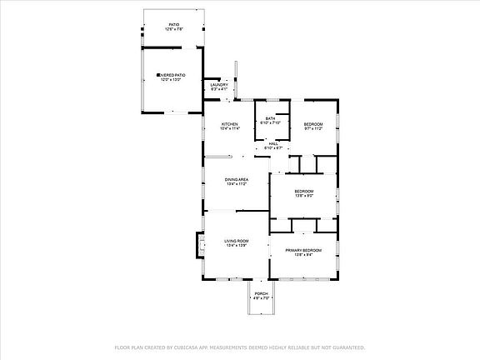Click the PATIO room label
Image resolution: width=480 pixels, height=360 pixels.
[174, 25]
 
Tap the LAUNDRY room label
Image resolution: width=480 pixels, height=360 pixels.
[219, 84]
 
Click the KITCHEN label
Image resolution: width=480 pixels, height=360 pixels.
[229, 124]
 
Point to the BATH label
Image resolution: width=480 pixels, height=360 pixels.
[271, 118]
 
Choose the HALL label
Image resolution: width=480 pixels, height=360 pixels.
[274, 143]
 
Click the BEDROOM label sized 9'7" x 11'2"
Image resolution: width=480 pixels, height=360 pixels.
[312, 124]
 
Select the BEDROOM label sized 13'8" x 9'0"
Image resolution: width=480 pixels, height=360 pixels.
[303, 191]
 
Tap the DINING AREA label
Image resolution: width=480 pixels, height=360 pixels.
[237, 179]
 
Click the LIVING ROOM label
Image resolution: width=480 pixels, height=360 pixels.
[237, 241]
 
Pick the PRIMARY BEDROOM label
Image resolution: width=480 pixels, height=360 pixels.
[303, 250]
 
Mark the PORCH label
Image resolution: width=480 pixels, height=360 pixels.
[261, 293]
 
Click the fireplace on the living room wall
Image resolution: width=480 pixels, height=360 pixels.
[200, 242]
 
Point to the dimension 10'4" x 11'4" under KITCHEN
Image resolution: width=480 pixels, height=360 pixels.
[229, 129]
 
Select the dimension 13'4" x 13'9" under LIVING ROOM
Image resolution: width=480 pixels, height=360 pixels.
[237, 246]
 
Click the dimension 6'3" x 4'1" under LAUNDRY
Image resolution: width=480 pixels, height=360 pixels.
[219, 89]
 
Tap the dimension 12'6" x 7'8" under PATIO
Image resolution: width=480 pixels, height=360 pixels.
[174, 30]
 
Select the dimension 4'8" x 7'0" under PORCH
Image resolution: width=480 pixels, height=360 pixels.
[261, 298]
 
